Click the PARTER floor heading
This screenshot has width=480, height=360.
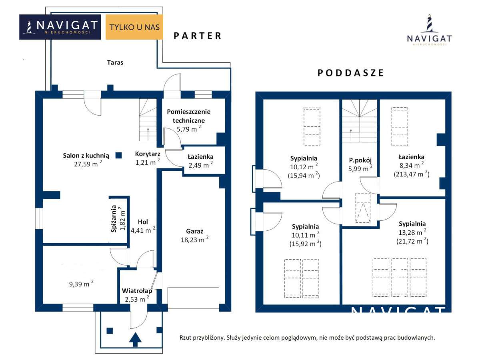(x=198, y=36)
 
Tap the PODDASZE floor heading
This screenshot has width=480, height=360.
(x=350, y=73)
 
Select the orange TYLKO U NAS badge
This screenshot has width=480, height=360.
(x=134, y=27)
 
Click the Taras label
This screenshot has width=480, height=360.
(x=115, y=62)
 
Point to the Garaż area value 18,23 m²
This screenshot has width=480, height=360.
(x=194, y=240)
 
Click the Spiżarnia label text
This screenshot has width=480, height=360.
(x=114, y=218)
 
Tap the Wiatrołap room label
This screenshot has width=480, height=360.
(x=137, y=291)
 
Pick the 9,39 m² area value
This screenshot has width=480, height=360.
(x=81, y=284)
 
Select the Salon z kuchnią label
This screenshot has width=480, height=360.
(x=86, y=156)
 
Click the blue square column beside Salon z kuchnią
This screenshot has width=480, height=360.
(x=118, y=155)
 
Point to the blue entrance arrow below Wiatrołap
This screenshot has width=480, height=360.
(x=135, y=340)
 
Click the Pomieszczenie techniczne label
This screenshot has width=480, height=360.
(x=189, y=116)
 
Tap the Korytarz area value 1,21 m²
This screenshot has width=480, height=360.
(x=148, y=162)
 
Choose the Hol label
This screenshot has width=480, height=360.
(x=143, y=222)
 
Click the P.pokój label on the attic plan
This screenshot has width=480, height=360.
(x=360, y=160)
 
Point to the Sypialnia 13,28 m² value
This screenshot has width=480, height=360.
(x=412, y=232)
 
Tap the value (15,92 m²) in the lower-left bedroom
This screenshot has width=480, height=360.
(x=306, y=244)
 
